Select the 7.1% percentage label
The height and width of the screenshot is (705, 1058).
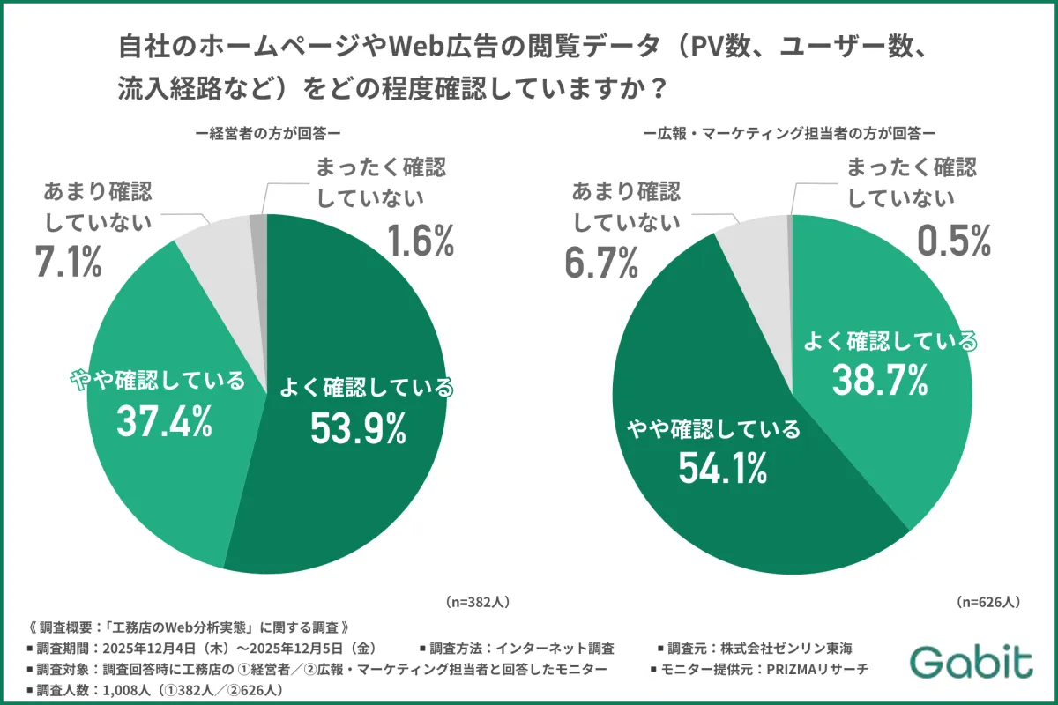(x=68, y=262)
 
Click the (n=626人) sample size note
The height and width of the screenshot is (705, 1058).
(x=988, y=602)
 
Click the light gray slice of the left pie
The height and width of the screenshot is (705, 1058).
(x=216, y=245)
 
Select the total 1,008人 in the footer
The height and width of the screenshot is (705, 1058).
(x=123, y=689)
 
